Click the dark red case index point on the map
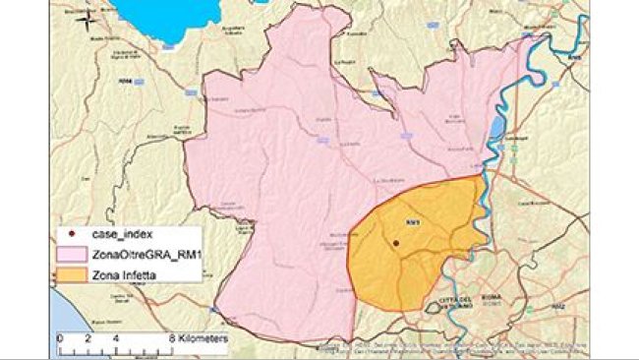tap(395, 241)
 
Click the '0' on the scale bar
tap(60, 337)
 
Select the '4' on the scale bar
tap(116, 337)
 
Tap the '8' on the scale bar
tap(172, 337)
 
